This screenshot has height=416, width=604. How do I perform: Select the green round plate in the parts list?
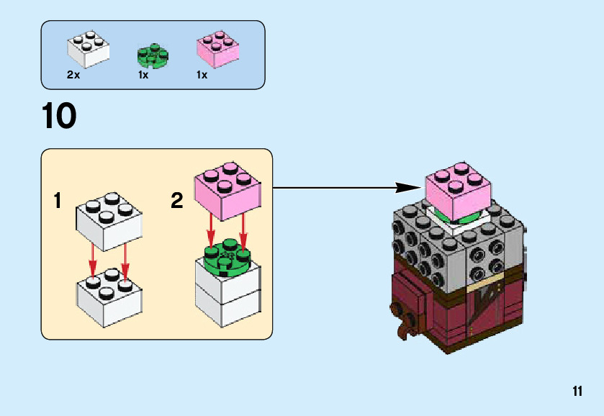click(x=152, y=55)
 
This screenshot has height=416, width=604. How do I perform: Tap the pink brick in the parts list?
click(x=217, y=49)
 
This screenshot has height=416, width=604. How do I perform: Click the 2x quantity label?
click(x=73, y=75)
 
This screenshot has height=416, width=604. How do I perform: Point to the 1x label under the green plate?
click(x=143, y=75)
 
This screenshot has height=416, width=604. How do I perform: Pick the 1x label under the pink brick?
click(x=202, y=75)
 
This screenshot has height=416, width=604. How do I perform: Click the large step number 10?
click(x=59, y=117)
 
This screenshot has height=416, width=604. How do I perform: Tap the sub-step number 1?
click(x=58, y=201)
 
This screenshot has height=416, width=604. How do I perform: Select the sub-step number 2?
click(x=177, y=201)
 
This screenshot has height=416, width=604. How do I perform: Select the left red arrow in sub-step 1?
click(x=93, y=262)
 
